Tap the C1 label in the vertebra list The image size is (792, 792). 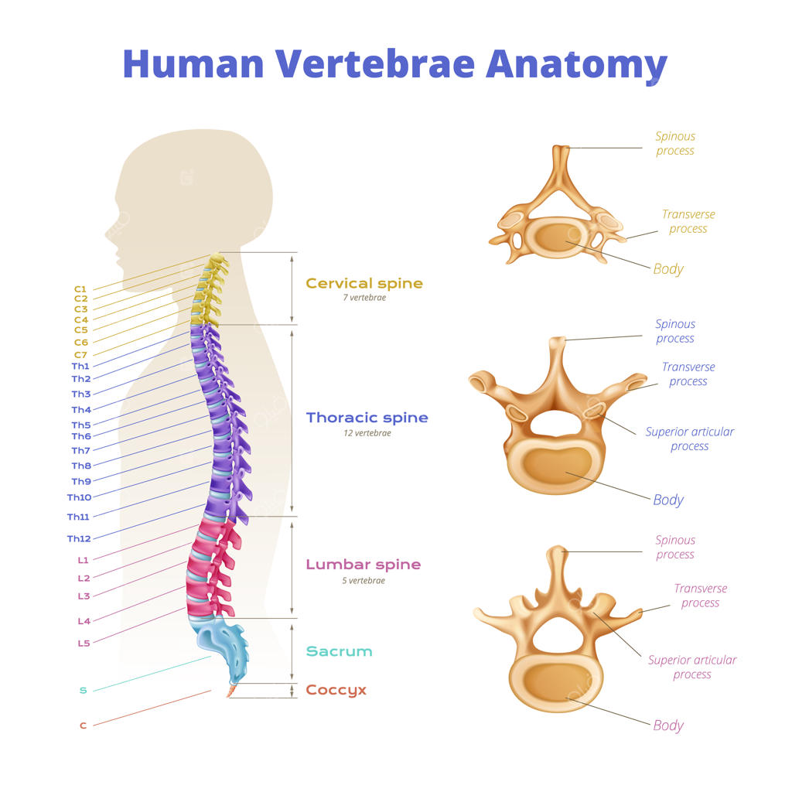(x=80, y=288)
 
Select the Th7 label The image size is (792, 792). (x=80, y=450)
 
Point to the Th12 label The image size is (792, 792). (x=79, y=538)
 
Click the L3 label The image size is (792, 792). (x=83, y=596)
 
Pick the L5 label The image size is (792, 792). (x=83, y=643)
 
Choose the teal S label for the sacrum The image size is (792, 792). (x=83, y=690)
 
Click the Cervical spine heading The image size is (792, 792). (x=364, y=283)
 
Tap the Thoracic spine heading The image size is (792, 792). (x=367, y=418)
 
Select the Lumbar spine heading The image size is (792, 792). (x=364, y=565)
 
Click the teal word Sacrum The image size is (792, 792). (x=339, y=651)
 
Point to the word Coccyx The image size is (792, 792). (x=336, y=690)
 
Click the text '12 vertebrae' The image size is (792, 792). (x=367, y=433)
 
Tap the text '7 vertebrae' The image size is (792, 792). (x=364, y=298)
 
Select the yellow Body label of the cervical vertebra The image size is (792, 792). (x=668, y=269)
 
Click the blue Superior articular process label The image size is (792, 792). (x=689, y=439)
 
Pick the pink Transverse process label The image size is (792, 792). (x=700, y=596)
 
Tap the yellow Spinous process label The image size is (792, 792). (x=675, y=144)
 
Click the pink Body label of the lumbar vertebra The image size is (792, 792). (x=668, y=725)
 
